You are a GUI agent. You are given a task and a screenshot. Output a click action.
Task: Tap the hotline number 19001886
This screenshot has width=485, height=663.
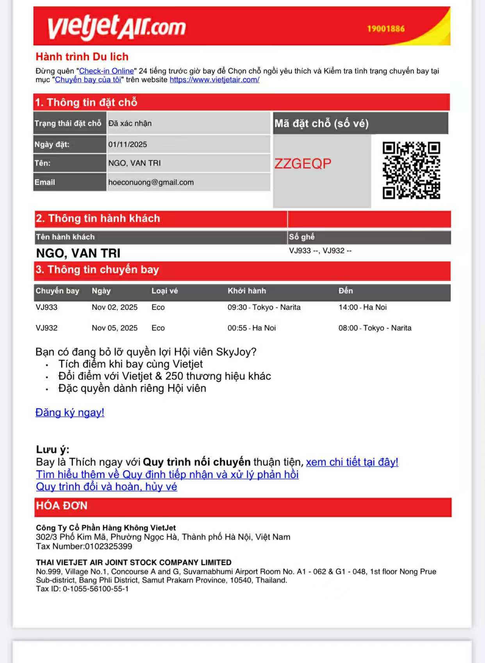pos(385,29)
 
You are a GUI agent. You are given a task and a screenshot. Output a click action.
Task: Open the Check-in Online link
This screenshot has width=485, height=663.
pos(106,71)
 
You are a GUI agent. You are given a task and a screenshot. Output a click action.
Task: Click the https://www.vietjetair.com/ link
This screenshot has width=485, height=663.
pos(214,80)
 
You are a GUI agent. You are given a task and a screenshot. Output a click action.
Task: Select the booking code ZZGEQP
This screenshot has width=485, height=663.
pos(303,164)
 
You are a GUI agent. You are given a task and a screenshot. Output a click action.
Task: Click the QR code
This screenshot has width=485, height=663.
pos(411,170)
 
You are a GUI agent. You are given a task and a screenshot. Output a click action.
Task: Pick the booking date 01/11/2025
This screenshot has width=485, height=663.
pos(128,144)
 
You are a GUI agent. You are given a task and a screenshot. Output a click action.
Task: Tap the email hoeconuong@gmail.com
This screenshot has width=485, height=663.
pos(151,182)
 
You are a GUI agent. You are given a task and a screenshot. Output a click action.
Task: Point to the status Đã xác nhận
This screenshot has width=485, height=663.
pos(130,123)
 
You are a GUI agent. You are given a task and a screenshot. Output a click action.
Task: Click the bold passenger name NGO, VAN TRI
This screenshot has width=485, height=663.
pos(78,253)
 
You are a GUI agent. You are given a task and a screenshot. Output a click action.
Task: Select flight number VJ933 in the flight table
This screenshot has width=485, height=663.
pos(46,307)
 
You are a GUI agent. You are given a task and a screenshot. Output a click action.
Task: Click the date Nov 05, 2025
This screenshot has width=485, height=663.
pos(114,328)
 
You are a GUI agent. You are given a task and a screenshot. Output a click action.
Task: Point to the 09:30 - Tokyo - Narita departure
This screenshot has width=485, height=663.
pos(264,307)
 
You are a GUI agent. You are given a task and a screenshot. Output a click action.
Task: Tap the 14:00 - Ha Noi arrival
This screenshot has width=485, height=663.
pos(362,307)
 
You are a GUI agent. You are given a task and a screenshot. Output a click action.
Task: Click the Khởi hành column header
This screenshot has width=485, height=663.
pos(246,291)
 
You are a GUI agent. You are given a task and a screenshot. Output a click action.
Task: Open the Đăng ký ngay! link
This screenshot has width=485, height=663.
pos(70,412)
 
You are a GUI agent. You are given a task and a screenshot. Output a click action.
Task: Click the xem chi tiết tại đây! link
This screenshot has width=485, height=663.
pos(352,462)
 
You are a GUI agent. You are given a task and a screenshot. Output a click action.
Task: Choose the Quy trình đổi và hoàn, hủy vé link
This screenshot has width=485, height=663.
pos(106,487)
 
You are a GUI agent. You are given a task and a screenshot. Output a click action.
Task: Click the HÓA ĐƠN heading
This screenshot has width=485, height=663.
pos(62,506)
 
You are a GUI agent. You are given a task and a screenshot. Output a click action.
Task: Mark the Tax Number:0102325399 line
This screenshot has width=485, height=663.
pos(84,546)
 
